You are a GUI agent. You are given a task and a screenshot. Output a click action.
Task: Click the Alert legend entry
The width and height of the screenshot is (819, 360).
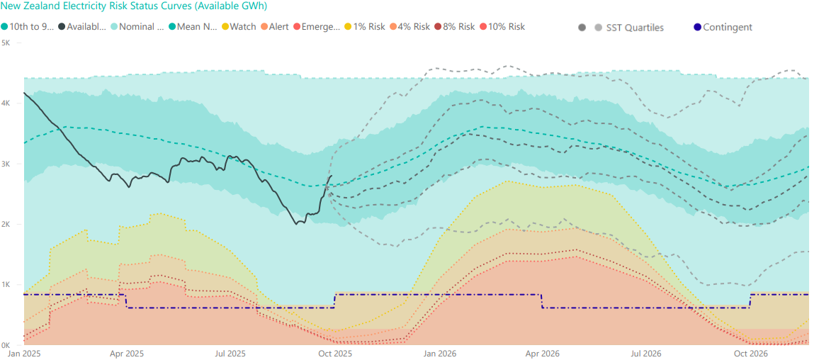tap(278, 27)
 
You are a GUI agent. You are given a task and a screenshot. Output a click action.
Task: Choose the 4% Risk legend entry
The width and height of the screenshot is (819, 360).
tap(414, 27)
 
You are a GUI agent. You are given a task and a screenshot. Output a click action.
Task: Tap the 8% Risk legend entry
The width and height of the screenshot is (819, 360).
tap(458, 27)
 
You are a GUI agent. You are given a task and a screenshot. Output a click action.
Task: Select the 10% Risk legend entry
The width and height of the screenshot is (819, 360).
tap(506, 27)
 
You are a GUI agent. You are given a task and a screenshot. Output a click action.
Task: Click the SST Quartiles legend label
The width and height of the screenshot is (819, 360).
tap(635, 28)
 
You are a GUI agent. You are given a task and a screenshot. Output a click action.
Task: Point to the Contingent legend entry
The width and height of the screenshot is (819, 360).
tap(728, 28)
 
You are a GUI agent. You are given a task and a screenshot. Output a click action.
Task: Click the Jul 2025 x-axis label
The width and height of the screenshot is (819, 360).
tap(230, 353)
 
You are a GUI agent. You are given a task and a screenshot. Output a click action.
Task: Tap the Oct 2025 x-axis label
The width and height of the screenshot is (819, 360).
tap(335, 353)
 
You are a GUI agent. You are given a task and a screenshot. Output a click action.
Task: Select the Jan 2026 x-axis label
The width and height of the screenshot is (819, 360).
tap(439, 353)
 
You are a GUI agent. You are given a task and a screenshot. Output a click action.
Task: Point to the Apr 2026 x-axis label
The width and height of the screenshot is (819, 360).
tap(541, 353)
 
